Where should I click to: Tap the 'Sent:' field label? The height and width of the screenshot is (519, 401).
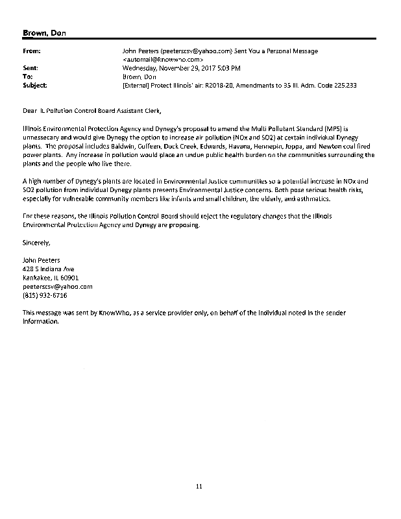click(x=30, y=67)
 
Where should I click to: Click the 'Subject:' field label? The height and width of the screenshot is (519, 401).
click(x=34, y=85)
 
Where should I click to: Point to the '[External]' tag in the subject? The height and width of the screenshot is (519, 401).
click(x=136, y=85)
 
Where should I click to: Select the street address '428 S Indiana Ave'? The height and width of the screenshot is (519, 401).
click(x=49, y=269)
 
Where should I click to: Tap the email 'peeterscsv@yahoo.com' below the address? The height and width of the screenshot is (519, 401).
click(x=57, y=286)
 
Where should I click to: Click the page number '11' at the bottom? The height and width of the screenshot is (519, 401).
click(x=200, y=486)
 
